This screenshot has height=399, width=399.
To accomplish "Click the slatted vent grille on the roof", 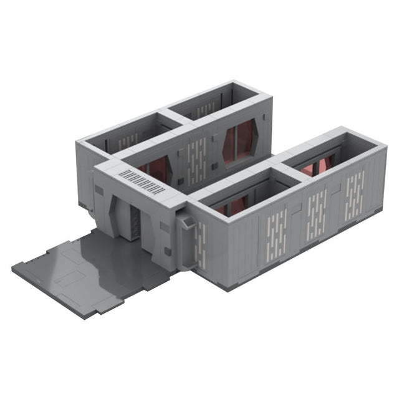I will pos(142,181).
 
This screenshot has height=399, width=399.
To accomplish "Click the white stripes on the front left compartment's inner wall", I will pos(128,141).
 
